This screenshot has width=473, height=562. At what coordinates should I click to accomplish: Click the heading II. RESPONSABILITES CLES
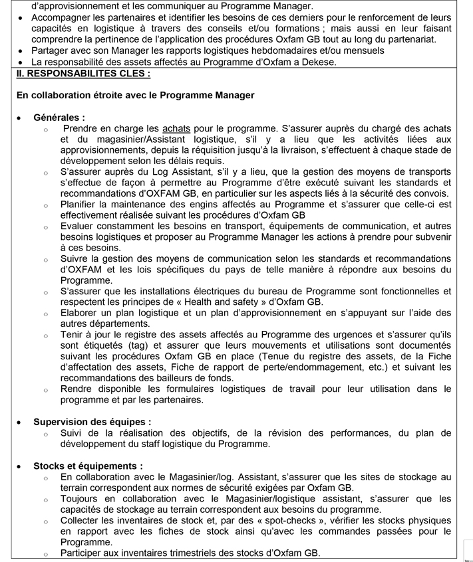click(x=83, y=73)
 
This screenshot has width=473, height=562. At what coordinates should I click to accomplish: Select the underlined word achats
click(x=175, y=128)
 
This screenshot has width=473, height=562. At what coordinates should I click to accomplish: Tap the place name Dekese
click(x=319, y=62)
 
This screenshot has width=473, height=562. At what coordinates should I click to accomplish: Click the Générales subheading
click(x=59, y=117)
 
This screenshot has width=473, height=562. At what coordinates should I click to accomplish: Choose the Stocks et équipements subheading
click(x=88, y=466)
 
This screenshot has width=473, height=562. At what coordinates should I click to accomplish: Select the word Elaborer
click(x=79, y=313)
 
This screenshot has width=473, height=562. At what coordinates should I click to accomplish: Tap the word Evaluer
click(x=78, y=226)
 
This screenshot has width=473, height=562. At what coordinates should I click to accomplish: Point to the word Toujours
click(x=80, y=498)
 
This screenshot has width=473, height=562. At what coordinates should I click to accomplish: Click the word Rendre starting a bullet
click(x=77, y=389)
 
